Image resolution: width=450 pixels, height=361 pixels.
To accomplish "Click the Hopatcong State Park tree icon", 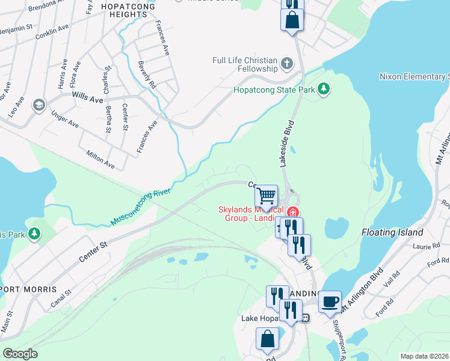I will click(x=324, y=90).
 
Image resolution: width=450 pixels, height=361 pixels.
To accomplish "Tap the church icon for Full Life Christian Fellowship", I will click(x=287, y=64).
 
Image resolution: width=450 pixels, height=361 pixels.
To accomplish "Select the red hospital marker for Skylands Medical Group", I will click(x=293, y=212).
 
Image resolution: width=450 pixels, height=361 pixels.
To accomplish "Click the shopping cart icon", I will click(x=266, y=196).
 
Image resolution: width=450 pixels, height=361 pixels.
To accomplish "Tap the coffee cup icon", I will click(x=329, y=301).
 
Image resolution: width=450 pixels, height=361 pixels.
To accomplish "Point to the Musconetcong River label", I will click(x=142, y=207).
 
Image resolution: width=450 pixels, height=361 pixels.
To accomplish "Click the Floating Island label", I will click(x=393, y=232).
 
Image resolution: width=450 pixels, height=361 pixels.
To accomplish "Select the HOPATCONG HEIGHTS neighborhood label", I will click(x=128, y=10).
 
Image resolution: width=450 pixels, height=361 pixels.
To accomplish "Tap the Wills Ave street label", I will click(x=88, y=96).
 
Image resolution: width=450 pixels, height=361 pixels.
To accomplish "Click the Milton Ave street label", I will click(x=100, y=159).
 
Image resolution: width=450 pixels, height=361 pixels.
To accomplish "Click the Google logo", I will click(x=20, y=354).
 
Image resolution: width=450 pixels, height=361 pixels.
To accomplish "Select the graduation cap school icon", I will click(x=40, y=105).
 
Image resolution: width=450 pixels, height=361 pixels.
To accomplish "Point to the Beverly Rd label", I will click(x=147, y=75).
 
